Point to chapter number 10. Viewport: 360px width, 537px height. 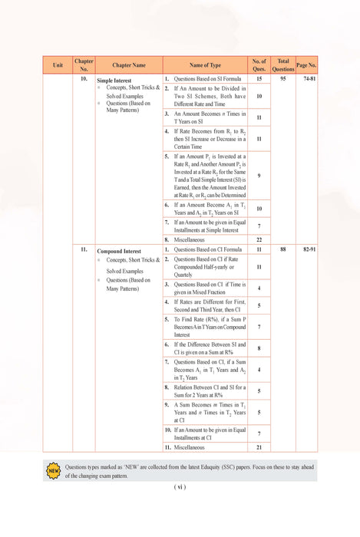(83, 79)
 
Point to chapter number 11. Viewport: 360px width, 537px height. (83, 250)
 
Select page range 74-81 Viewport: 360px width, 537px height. (309, 79)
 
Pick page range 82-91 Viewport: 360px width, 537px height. (309, 250)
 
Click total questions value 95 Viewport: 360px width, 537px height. (283, 79)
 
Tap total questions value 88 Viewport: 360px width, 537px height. (283, 250)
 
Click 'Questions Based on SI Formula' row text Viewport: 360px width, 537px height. (204, 79)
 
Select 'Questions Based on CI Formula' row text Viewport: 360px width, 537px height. (205, 250)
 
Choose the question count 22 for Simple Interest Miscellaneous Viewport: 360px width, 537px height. (259, 239)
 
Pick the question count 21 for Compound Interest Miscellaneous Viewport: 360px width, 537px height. (259, 446)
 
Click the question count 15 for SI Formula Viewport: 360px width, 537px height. (259, 79)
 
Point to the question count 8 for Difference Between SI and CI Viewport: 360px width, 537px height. (259, 348)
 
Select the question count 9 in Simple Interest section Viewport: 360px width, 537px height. (259, 176)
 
